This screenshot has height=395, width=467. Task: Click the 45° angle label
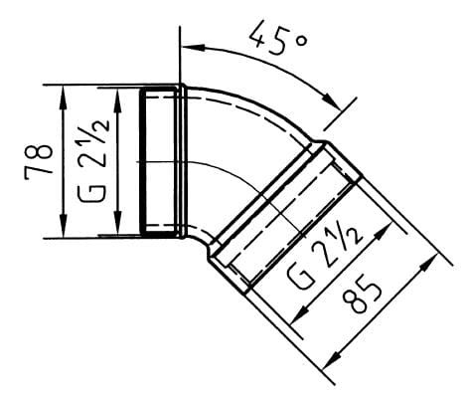[277, 37]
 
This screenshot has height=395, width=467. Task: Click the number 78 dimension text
[39, 162]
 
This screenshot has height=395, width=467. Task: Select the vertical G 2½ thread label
[93, 160]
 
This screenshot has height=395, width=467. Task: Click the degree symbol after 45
[301, 41]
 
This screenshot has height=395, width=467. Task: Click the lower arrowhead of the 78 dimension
[63, 226]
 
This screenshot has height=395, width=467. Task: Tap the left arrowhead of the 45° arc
[192, 48]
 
